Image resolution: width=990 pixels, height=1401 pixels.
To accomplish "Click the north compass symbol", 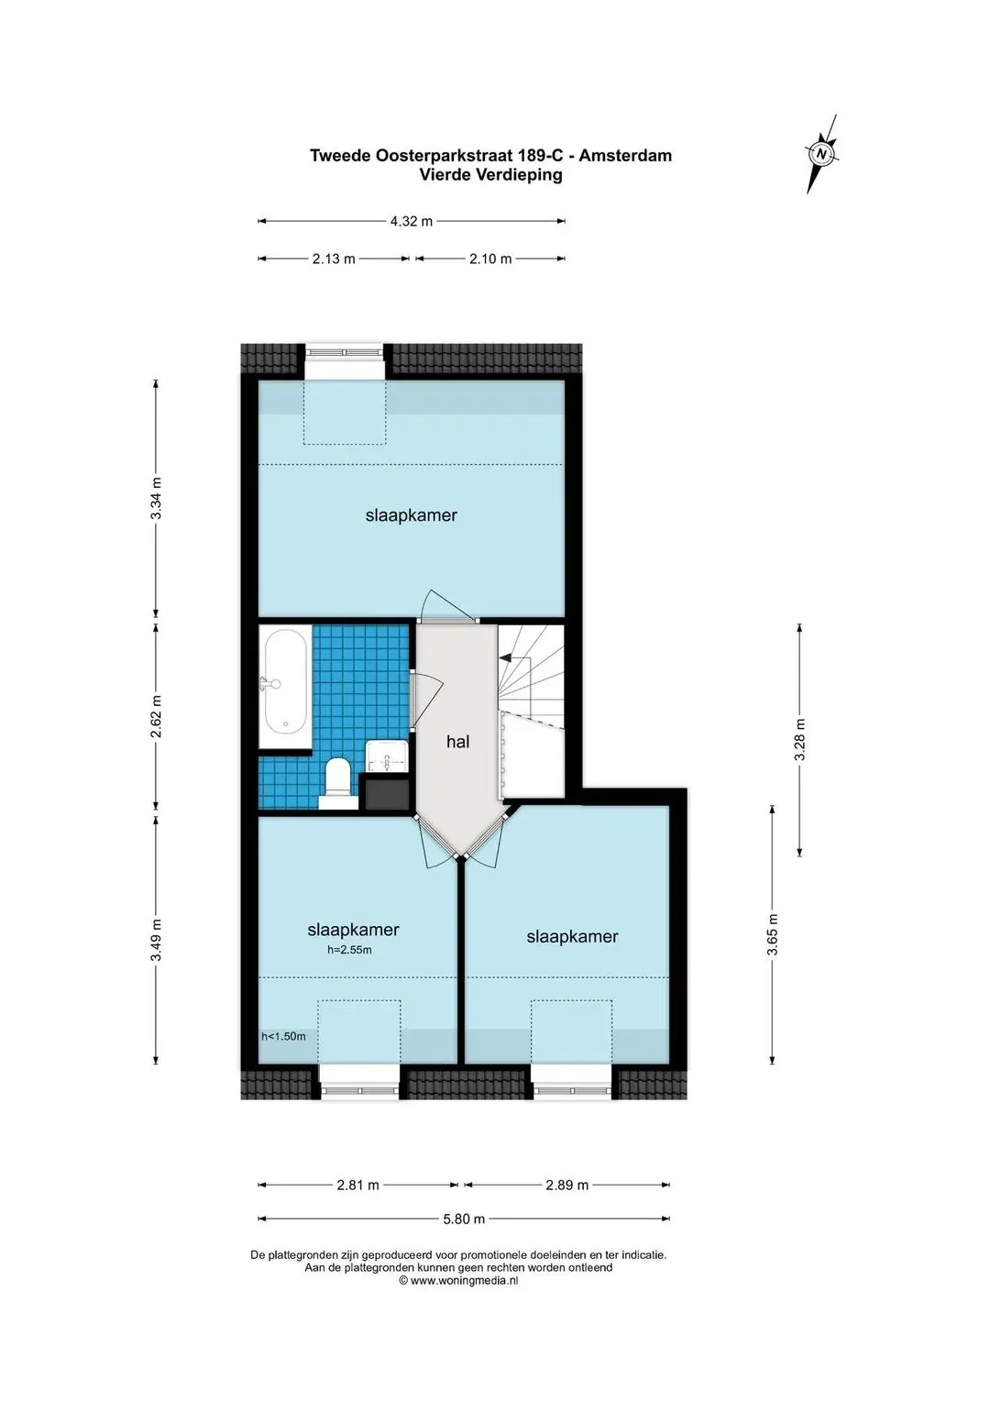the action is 821,154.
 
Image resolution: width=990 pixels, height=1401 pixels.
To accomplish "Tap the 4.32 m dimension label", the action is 412,221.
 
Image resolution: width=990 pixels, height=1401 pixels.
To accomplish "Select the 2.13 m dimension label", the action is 334,259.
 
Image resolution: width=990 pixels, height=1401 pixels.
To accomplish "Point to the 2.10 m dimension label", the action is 490,259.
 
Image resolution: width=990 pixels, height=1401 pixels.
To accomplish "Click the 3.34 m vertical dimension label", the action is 157,498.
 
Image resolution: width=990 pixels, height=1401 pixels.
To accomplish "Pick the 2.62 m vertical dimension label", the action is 157,716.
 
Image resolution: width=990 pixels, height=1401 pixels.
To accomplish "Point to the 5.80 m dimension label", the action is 464,1219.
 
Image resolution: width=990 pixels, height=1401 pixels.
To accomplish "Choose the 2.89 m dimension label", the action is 567,1185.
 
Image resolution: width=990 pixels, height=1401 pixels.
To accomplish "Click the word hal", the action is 457,742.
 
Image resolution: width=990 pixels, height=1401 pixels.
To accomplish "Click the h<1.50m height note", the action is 283,1036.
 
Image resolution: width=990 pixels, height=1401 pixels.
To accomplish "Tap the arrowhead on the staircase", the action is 504,657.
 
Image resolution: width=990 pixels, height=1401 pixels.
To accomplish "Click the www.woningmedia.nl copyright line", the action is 458,1280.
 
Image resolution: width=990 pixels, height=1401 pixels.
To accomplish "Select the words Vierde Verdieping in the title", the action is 491,175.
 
